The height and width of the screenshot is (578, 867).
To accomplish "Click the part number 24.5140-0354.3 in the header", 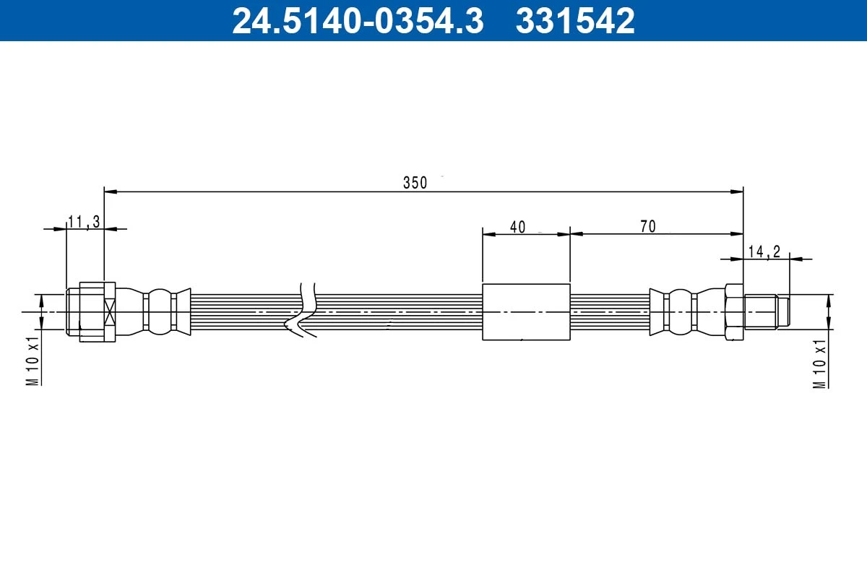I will click(x=357, y=21).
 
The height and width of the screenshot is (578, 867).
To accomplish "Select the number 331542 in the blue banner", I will click(x=575, y=21).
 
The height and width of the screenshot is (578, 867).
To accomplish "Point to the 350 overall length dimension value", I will click(x=415, y=183).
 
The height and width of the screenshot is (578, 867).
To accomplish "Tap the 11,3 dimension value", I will click(x=84, y=222).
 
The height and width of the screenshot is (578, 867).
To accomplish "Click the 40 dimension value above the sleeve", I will click(x=517, y=227).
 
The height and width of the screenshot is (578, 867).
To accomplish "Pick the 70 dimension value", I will click(x=647, y=227).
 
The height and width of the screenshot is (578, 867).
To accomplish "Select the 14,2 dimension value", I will click(x=764, y=251).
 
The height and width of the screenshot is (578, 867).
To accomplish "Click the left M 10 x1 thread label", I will click(x=32, y=361).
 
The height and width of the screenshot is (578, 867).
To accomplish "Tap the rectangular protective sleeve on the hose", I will click(x=526, y=311).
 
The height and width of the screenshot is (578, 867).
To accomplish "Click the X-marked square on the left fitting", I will click(x=110, y=312).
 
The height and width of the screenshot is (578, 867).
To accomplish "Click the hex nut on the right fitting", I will click(x=734, y=311).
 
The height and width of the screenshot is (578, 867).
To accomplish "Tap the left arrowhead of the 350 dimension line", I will click(x=111, y=191).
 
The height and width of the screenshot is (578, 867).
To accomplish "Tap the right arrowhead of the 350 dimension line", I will click(x=737, y=191).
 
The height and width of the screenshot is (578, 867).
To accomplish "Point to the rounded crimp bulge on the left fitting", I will click(x=159, y=311).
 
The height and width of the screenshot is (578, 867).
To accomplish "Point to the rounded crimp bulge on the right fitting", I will click(x=680, y=311).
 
